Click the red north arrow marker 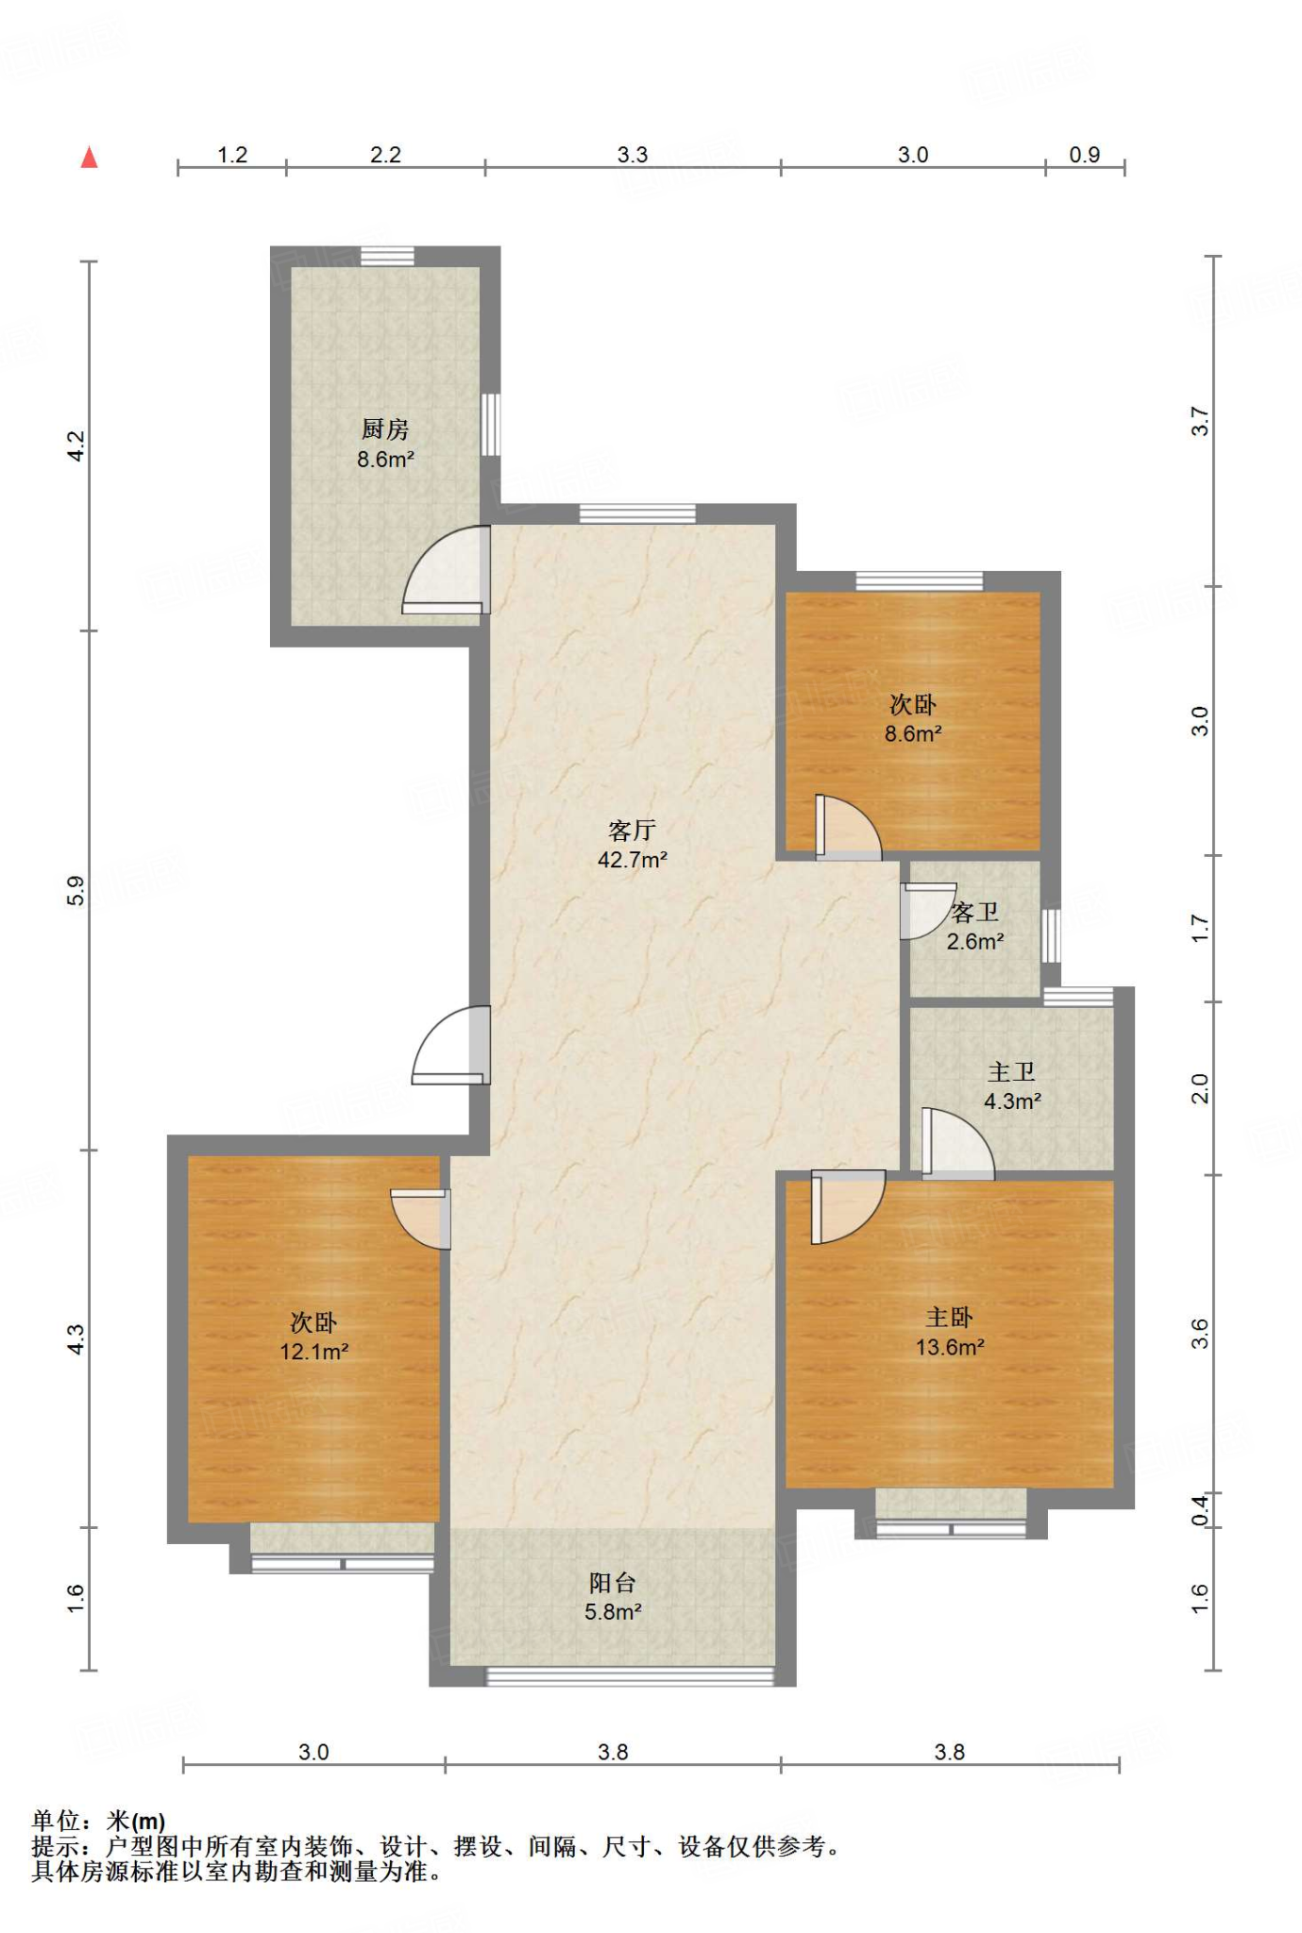(89, 157)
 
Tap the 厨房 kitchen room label (385, 429)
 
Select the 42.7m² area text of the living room (632, 860)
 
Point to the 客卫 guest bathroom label (975, 912)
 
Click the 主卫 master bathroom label (1011, 1072)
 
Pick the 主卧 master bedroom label (949, 1318)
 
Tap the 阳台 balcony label (612, 1583)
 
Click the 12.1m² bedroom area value (314, 1352)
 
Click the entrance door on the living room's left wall (450, 1045)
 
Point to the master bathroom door (956, 1143)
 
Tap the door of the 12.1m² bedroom (421, 1219)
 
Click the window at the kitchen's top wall (387, 256)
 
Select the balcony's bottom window (630, 1676)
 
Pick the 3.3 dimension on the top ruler (633, 155)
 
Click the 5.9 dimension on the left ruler (76, 890)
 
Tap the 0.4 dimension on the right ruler (1199, 1510)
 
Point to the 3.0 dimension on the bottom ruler (313, 1753)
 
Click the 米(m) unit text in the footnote (136, 1821)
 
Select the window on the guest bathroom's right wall (1051, 935)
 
